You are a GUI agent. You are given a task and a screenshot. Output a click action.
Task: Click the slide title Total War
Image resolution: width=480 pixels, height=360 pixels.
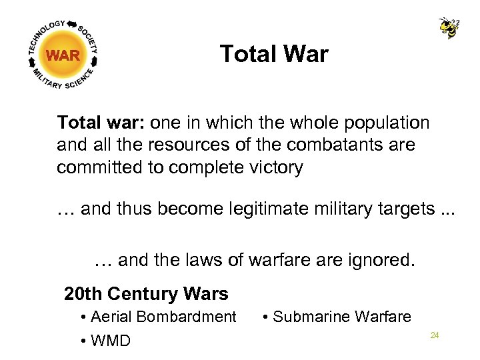274,54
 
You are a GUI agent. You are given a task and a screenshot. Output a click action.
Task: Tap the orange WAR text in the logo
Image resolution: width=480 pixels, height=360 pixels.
64,55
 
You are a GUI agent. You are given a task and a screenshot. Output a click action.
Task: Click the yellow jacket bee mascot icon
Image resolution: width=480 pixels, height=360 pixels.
449,27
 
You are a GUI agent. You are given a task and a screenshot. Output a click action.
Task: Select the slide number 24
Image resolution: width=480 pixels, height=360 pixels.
435,335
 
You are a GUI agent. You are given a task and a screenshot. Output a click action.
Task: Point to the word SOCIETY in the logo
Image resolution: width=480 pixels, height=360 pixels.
89,38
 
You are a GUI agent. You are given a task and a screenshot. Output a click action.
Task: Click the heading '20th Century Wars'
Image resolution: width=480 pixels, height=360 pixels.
146,293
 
